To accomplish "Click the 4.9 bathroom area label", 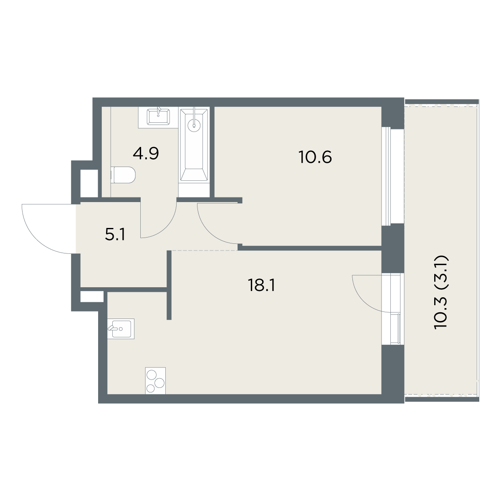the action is tap(146, 154).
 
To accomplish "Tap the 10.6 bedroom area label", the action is tap(315, 157).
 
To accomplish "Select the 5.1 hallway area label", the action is tap(115, 235).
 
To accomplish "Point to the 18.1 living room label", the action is tap(261, 286).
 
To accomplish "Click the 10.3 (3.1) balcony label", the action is tap(441, 293).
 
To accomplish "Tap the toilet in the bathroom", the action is tap(123, 175).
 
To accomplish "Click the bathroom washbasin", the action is tap(158, 117).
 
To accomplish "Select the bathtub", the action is tap(194, 144).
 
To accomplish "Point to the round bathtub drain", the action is tap(194, 126).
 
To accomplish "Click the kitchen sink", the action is tap(121, 329).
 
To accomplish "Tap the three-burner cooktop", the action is tap(155, 381).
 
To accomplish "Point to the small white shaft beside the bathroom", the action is tap(89, 183).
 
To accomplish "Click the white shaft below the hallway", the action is tap(92, 297).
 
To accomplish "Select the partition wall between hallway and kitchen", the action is tap(169, 285).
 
